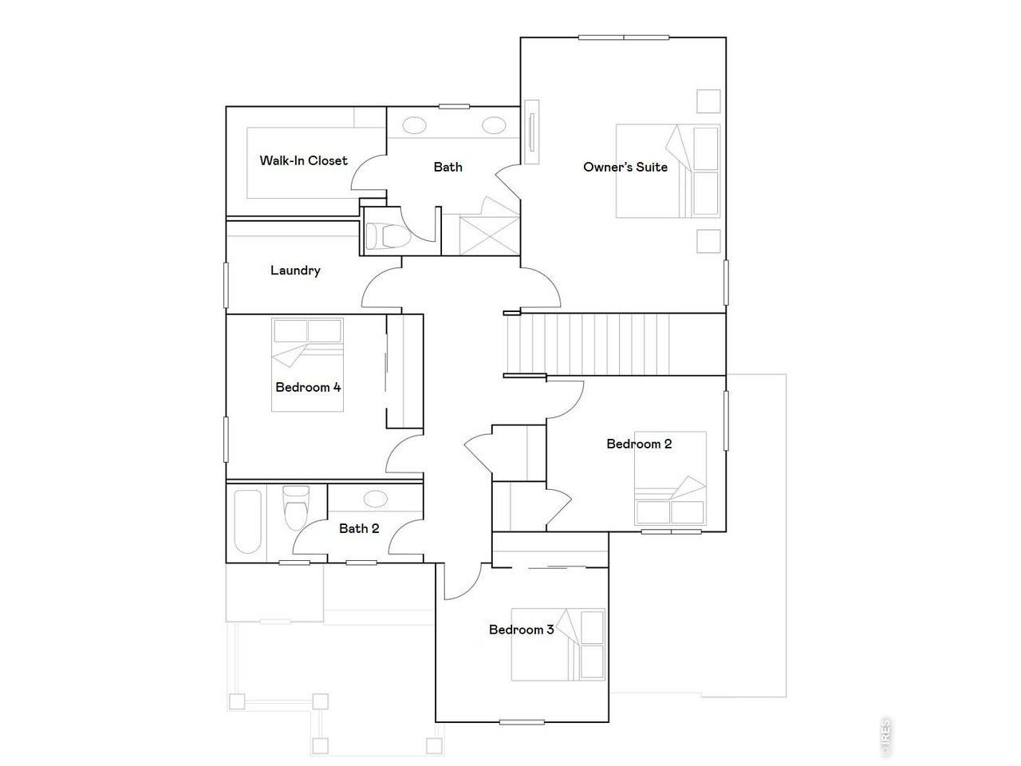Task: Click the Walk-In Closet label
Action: pyautogui.click(x=303, y=160)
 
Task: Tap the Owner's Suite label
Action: pyautogui.click(x=625, y=167)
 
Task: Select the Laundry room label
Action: pyautogui.click(x=295, y=270)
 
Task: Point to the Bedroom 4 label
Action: pyautogui.click(x=308, y=387)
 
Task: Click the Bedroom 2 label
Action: pyautogui.click(x=639, y=444)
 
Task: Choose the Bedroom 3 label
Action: pyautogui.click(x=521, y=630)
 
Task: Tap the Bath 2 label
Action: pyautogui.click(x=359, y=528)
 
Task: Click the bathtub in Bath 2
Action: pyautogui.click(x=247, y=522)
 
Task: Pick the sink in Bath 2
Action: pyautogui.click(x=375, y=499)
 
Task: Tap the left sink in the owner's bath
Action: pyautogui.click(x=414, y=125)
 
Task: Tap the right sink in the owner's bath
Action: pyautogui.click(x=494, y=125)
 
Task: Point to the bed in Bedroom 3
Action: pyautogui.click(x=558, y=645)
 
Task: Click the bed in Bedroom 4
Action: pyautogui.click(x=308, y=365)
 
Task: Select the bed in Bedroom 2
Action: pyautogui.click(x=670, y=479)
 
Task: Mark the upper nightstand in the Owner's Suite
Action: pyautogui.click(x=708, y=101)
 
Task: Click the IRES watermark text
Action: pyautogui.click(x=885, y=738)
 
